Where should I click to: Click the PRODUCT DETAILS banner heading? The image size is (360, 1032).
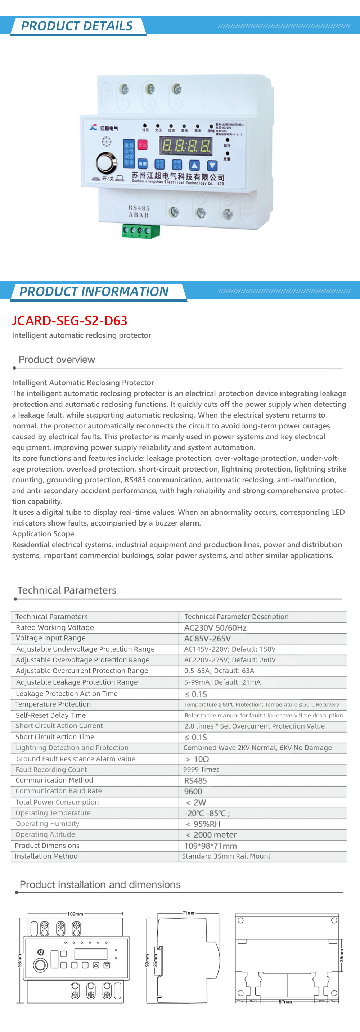click(77, 26)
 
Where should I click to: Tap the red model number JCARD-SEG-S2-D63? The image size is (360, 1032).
click(70, 321)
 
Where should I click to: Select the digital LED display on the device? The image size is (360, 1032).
click(185, 145)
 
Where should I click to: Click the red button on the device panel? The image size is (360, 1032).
click(143, 145)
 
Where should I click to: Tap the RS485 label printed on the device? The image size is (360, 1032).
click(139, 208)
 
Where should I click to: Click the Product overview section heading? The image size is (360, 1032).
click(57, 360)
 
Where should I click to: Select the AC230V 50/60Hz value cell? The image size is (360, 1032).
click(215, 628)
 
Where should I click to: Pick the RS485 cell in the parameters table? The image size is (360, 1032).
click(195, 780)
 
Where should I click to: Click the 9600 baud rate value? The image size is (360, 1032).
click(193, 791)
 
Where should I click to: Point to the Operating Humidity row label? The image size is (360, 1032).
click(48, 824)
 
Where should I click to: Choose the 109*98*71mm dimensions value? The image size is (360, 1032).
click(210, 846)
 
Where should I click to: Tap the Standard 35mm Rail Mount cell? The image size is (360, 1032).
click(226, 856)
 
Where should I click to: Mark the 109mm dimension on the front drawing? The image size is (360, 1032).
click(75, 914)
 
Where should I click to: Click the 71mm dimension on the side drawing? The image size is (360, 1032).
click(189, 913)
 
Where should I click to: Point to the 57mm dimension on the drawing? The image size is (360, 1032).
click(285, 1001)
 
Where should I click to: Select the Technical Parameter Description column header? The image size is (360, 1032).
click(236, 617)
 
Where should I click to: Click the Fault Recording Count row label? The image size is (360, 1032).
click(51, 770)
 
